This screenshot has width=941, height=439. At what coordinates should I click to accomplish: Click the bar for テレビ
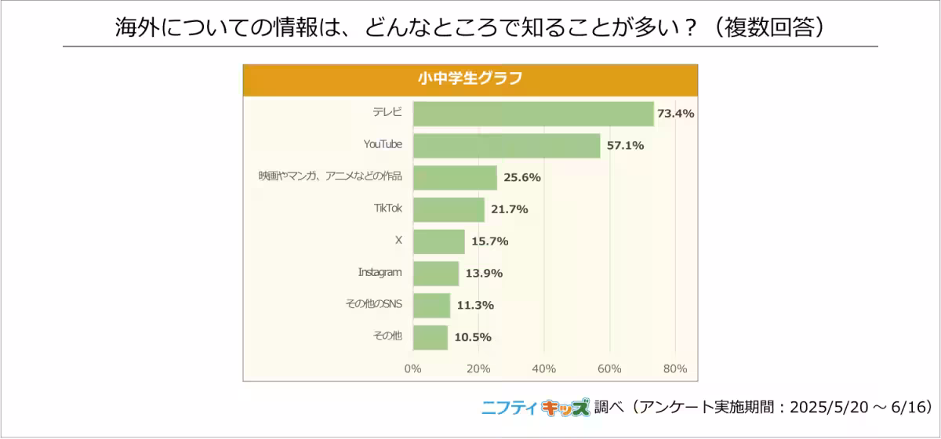click(533, 114)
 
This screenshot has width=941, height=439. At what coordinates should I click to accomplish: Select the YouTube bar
click(507, 146)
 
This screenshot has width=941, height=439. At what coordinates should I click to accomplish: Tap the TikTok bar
click(449, 209)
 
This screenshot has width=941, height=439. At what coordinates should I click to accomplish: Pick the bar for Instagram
click(436, 274)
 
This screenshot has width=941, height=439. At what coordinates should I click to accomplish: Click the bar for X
click(439, 241)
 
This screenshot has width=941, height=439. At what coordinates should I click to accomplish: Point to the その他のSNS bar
click(431, 306)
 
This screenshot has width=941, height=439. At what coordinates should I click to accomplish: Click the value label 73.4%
click(675, 114)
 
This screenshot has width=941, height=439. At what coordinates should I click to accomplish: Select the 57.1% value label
click(625, 146)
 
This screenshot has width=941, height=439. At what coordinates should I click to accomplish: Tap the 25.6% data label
click(522, 177)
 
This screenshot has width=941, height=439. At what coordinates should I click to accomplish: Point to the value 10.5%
click(473, 338)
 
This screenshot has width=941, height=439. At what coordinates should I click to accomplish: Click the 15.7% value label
click(490, 241)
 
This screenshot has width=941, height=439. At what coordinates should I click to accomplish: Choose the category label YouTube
click(383, 144)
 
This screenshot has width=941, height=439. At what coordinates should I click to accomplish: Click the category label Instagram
click(380, 272)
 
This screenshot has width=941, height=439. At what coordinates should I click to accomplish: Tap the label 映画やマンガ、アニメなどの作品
click(330, 176)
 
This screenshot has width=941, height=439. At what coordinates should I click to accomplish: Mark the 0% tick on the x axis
click(412, 368)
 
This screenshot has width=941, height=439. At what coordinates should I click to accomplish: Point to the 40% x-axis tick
click(543, 368)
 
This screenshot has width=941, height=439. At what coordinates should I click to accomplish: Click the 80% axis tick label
click(674, 368)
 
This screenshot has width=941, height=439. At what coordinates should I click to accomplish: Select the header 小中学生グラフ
click(470, 79)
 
